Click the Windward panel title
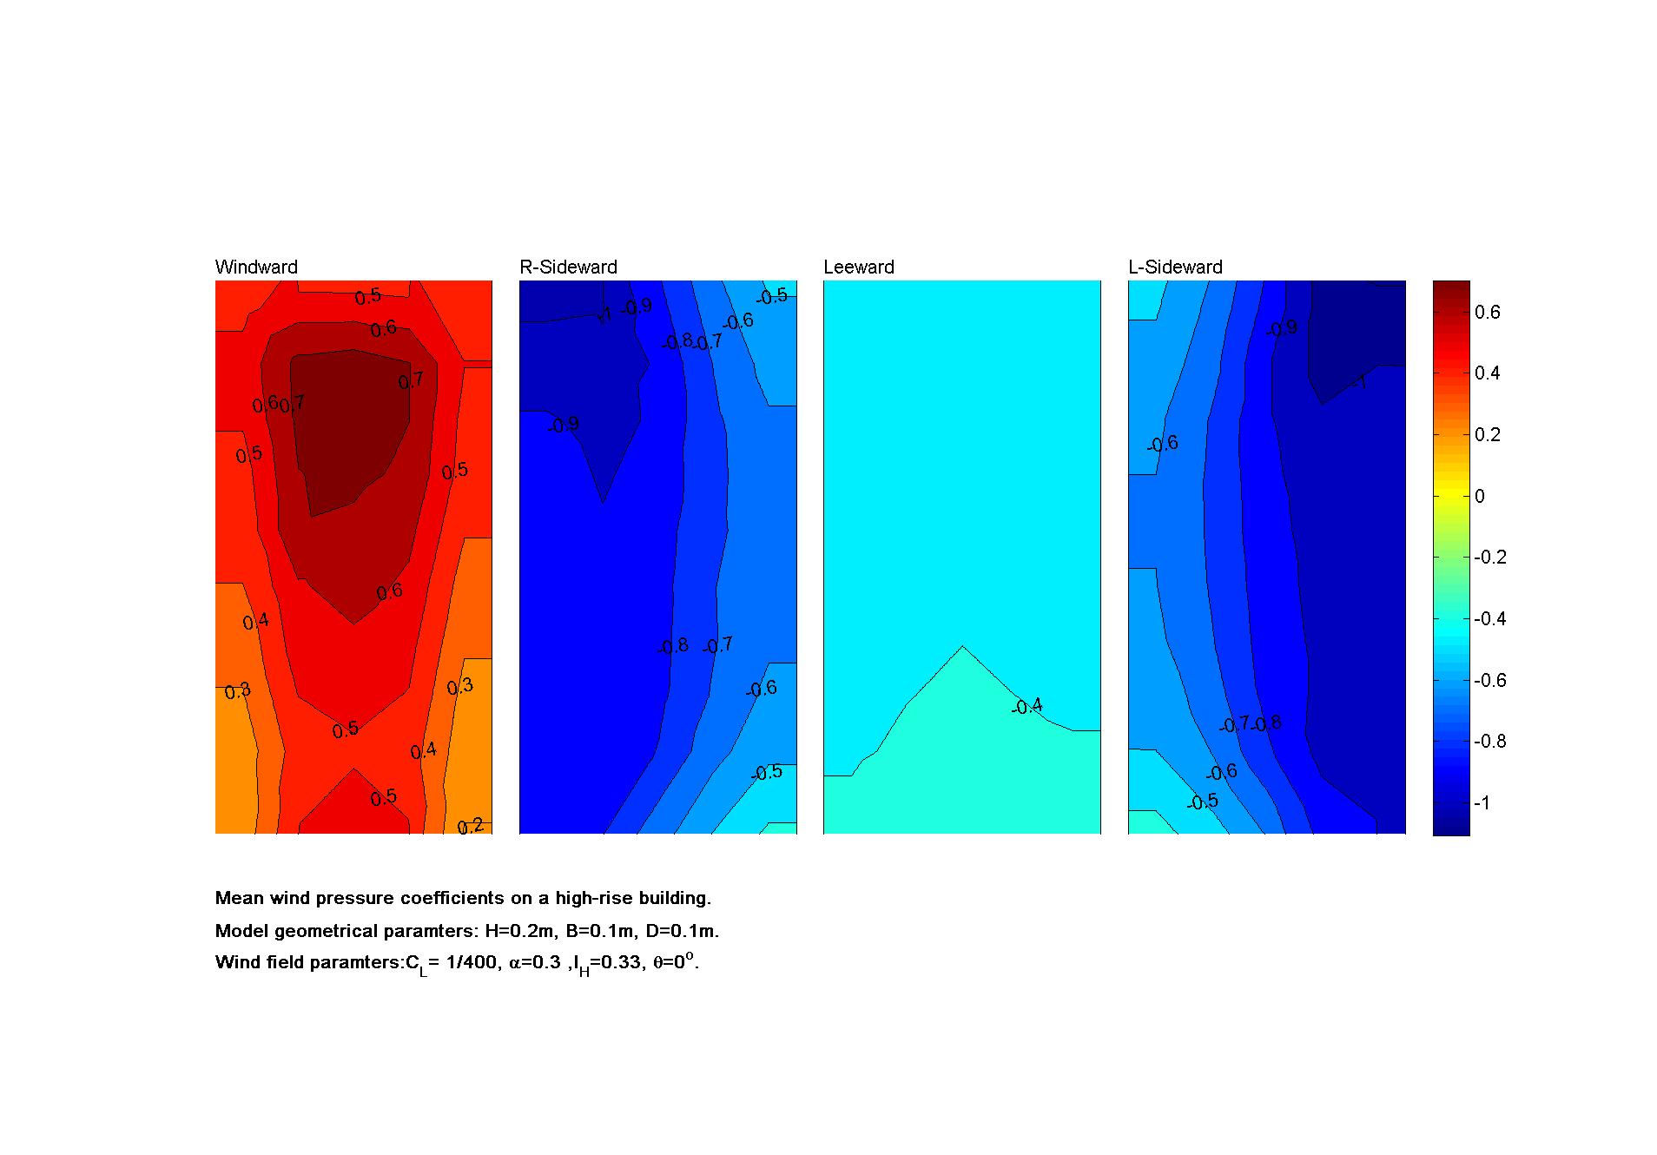[256, 267]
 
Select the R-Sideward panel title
[568, 267]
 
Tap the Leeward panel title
[858, 267]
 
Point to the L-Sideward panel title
[1175, 267]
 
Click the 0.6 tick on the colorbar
[1487, 313]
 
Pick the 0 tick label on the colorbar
[1480, 497]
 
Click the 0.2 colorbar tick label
[1487, 435]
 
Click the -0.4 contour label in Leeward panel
[1027, 707]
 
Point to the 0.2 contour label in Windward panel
[471, 826]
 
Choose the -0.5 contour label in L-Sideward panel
[1203, 802]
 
